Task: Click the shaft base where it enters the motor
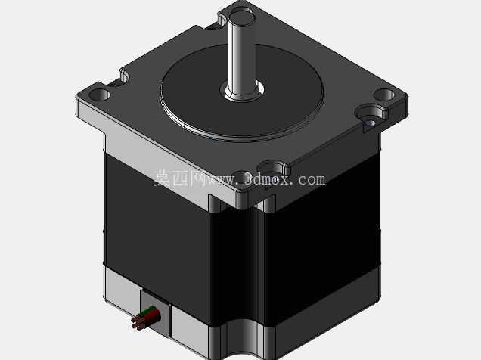pyautogui.click(x=242, y=91)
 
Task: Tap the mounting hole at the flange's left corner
pyautogui.click(x=99, y=94)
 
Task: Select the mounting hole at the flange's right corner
pyautogui.click(x=383, y=95)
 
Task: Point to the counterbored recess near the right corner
pyautogui.click(x=371, y=113)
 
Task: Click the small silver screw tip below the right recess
pyautogui.click(x=370, y=123)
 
